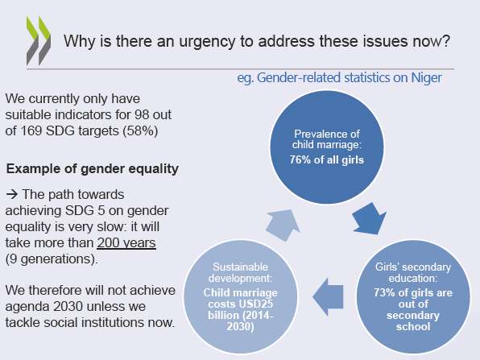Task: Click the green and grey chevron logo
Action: pyautogui.click(x=39, y=40)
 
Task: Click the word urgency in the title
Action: pyautogui.click(x=207, y=42)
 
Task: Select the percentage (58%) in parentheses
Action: pyautogui.click(x=140, y=131)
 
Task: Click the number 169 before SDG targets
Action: pyautogui.click(x=31, y=131)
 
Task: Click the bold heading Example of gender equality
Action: pyautogui.click(x=92, y=169)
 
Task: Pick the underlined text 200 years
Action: pyautogui.click(x=126, y=243)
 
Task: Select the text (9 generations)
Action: pyautogui.click(x=52, y=259)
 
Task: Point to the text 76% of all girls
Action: pyautogui.click(x=327, y=159)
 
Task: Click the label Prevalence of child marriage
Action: pyautogui.click(x=327, y=139)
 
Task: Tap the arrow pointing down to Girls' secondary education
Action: pyautogui.click(x=368, y=219)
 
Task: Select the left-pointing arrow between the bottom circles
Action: pyautogui.click(x=328, y=296)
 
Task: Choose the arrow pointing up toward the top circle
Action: pyautogui.click(x=283, y=225)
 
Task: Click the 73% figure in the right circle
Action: pyautogui.click(x=384, y=292)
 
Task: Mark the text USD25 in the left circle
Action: pyautogui.click(x=256, y=304)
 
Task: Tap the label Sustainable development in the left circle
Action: pyautogui.click(x=240, y=272)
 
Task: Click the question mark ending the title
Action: pyautogui.click(x=445, y=41)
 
